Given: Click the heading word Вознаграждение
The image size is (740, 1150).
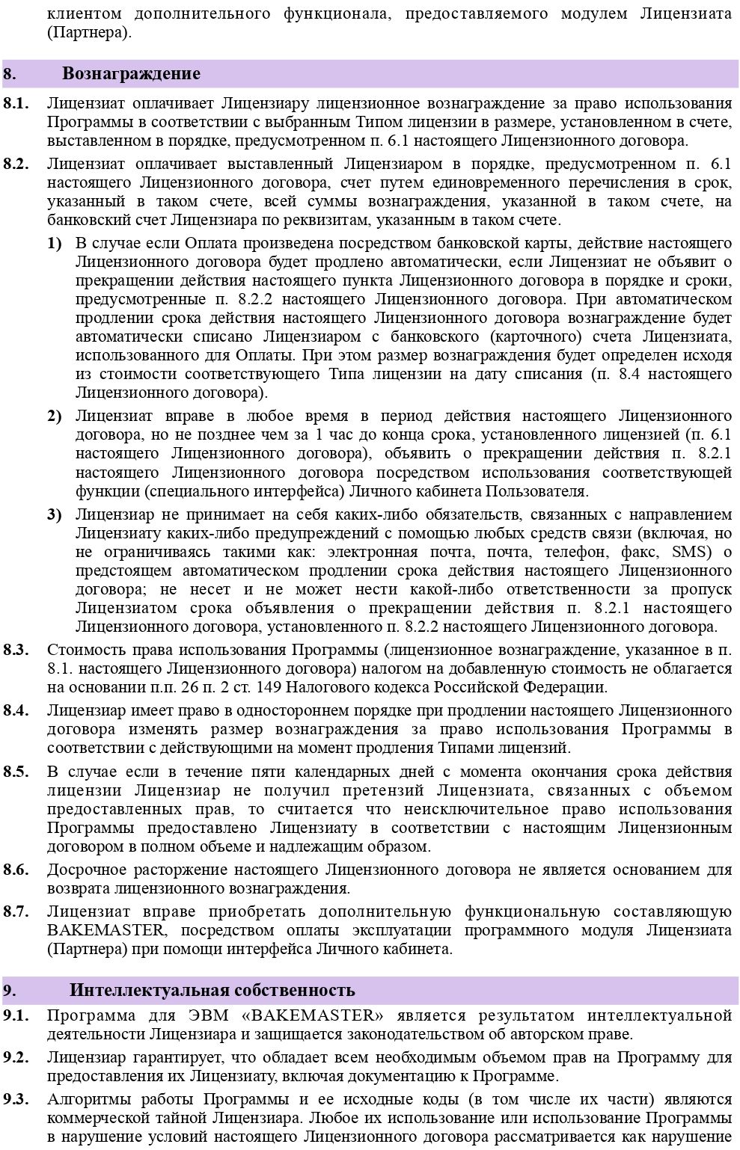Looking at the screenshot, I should point(131,74).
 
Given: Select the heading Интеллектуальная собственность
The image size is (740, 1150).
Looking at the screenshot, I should point(212,991).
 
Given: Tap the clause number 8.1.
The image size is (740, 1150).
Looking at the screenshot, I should point(16,103).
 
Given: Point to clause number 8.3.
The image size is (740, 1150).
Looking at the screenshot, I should point(16,649).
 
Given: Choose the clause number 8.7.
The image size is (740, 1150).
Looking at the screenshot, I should point(16,911).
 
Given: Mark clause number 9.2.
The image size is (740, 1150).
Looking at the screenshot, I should point(16,1057).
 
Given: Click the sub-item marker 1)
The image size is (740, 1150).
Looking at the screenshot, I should point(55,243).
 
